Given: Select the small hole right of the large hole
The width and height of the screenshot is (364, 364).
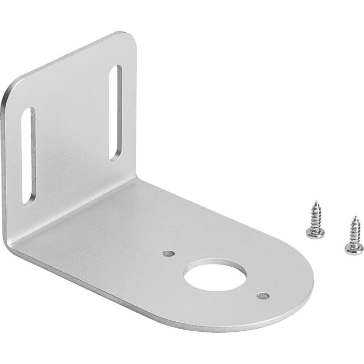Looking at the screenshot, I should pyautogui.click(x=263, y=296).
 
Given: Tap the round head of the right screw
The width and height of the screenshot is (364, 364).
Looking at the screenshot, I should pyautogui.click(x=355, y=248).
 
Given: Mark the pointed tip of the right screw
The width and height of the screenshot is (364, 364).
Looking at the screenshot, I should pyautogui.click(x=353, y=217).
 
